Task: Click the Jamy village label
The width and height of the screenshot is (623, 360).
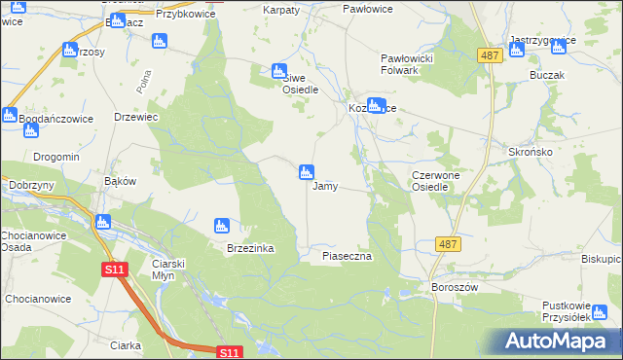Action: click(325, 186)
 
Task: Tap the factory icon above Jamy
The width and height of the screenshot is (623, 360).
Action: click(306, 172)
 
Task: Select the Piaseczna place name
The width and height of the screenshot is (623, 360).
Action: click(348, 256)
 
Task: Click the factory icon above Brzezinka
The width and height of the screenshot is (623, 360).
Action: click(221, 226)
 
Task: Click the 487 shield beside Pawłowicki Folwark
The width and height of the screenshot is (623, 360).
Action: click(490, 56)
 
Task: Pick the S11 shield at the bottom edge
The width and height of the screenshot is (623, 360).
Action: click(228, 352)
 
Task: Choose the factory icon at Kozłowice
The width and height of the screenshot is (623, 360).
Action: click(376, 106)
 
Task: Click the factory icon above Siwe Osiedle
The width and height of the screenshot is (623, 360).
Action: click(279, 70)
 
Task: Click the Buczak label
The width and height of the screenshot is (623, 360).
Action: click(547, 74)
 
